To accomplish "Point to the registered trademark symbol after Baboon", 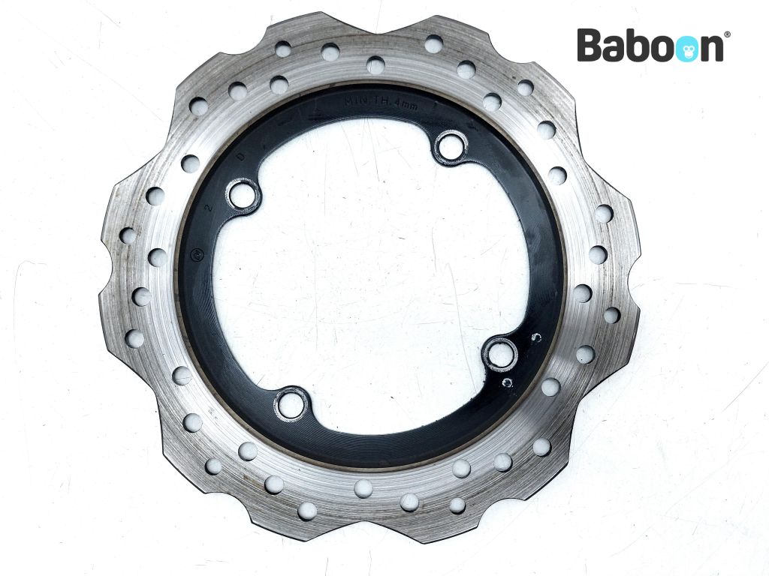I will point(726,34).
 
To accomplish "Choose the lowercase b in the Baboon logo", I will point(638,46).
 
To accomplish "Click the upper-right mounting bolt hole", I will point(451,145).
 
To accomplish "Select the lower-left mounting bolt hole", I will point(291,404).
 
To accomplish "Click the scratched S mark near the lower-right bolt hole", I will point(534,337).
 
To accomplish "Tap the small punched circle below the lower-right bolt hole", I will point(508,382).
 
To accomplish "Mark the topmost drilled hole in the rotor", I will point(433,43).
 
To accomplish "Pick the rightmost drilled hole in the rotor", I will point(612,315).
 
